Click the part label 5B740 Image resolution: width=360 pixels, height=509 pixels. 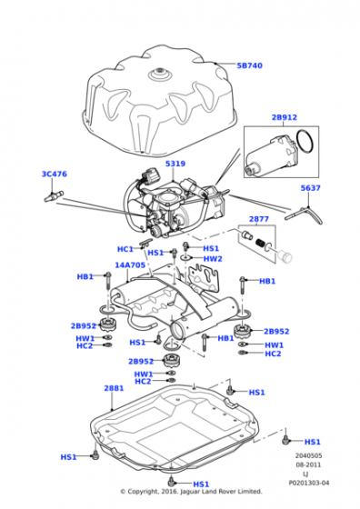pyautogui.click(x=249, y=65)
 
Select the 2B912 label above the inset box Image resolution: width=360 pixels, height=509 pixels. pyautogui.click(x=285, y=117)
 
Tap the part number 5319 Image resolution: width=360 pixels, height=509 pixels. pyautogui.click(x=175, y=164)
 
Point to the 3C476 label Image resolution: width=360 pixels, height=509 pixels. pyautogui.click(x=55, y=174)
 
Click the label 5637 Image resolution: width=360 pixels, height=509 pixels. pyautogui.click(x=310, y=188)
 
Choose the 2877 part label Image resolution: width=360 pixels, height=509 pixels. pyautogui.click(x=259, y=219)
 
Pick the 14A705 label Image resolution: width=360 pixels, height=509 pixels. pyautogui.click(x=130, y=265)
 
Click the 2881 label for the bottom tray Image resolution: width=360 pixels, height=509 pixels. pyautogui.click(x=114, y=388)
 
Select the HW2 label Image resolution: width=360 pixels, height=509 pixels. pyautogui.click(x=213, y=259)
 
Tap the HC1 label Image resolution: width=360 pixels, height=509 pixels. pyautogui.click(x=125, y=249)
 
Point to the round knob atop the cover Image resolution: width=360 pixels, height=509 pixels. pyautogui.click(x=160, y=74)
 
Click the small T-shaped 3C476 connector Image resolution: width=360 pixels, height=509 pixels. pyautogui.click(x=54, y=196)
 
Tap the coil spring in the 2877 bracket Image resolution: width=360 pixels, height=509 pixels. pyautogui.click(x=260, y=243)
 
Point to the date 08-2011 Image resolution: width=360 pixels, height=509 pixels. pyautogui.click(x=308, y=464)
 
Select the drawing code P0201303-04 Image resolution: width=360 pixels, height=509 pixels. pyautogui.click(x=309, y=483)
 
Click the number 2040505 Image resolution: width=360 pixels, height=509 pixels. pyautogui.click(x=308, y=455)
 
